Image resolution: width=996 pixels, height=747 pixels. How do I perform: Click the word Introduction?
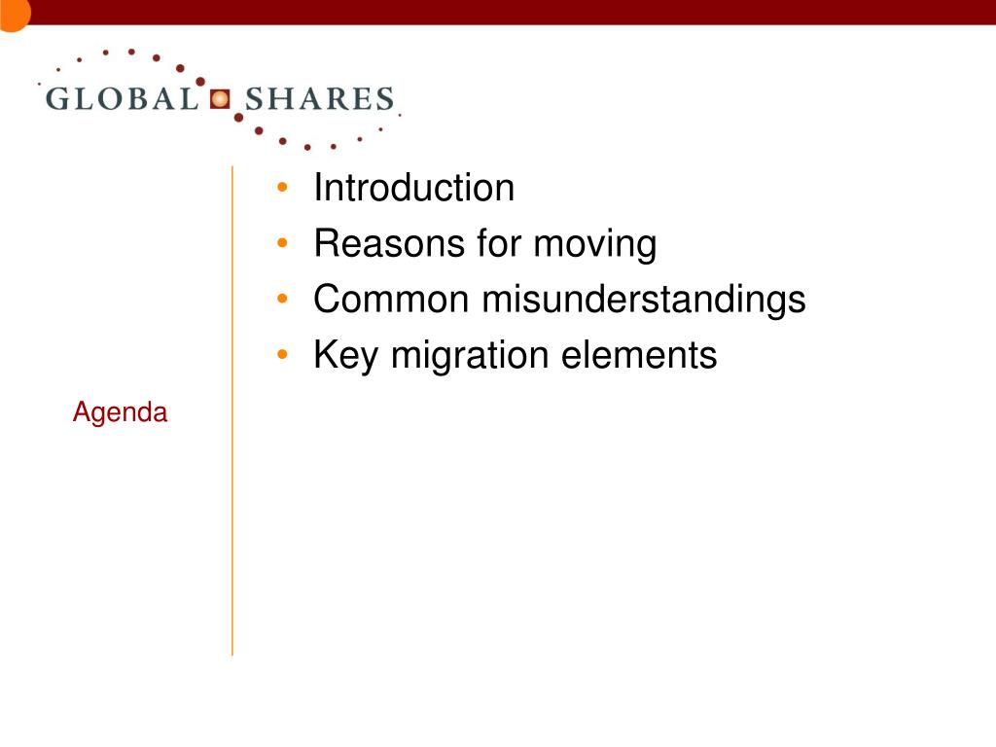click(413, 188)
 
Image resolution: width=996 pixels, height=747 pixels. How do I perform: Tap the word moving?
click(594, 245)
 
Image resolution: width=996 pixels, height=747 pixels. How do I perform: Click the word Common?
click(391, 299)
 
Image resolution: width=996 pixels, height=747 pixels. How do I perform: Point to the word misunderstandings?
click(644, 301)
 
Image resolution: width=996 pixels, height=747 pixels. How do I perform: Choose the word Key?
click(346, 356)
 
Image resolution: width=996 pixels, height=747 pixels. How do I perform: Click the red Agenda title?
click(120, 412)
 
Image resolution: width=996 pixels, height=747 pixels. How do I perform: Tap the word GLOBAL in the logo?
click(122, 99)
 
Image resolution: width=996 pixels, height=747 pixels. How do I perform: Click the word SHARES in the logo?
click(319, 99)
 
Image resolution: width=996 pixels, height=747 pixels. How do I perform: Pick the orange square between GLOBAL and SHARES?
click(220, 99)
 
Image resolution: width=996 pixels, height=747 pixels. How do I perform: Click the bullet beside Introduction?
click(283, 188)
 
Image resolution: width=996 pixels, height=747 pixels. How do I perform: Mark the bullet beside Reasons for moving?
click(283, 242)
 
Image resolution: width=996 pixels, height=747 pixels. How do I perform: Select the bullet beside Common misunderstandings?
click(283, 299)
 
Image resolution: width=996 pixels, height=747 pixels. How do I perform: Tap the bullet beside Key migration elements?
click(283, 354)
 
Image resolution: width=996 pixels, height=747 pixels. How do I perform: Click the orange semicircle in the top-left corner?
click(13, 14)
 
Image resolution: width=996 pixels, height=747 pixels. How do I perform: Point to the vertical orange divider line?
click(232, 411)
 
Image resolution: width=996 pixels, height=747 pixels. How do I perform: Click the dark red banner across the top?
click(508, 12)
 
